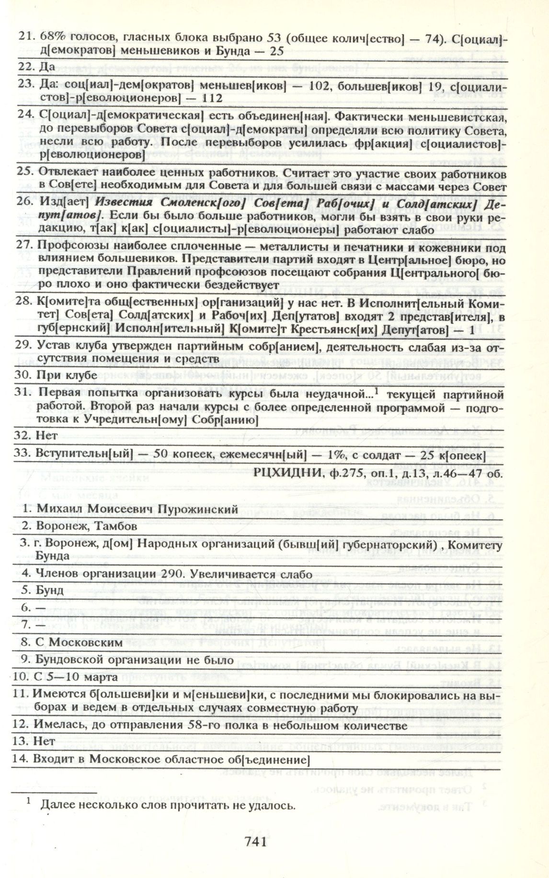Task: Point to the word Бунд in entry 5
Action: coord(50,590)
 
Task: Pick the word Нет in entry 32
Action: coord(46,436)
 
